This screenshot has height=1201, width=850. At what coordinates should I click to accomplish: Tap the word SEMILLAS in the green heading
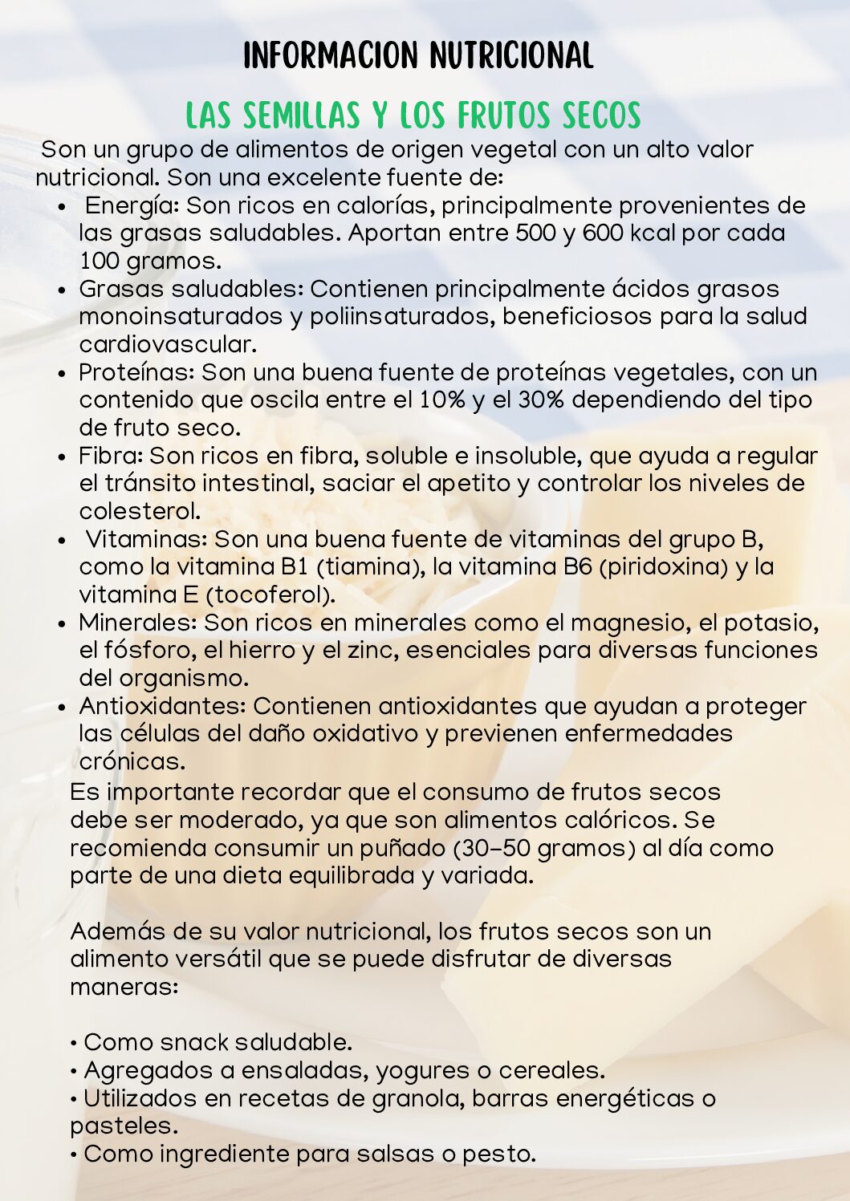coord(301,116)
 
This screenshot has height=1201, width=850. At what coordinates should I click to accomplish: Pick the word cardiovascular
coord(167,345)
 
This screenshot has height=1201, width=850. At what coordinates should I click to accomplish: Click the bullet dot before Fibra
coord(63,457)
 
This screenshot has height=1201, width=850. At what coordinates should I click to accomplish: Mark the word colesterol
coord(139,511)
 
